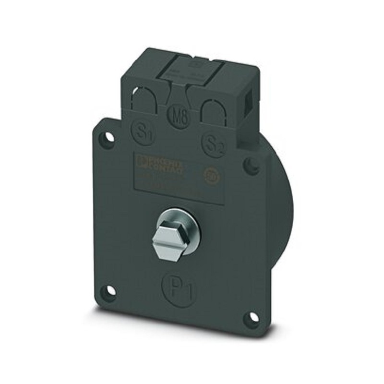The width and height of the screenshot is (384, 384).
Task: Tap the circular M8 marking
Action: (180, 116)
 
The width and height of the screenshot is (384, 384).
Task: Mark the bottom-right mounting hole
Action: (252, 318)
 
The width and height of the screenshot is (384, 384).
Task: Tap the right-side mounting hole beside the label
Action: (251, 166)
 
